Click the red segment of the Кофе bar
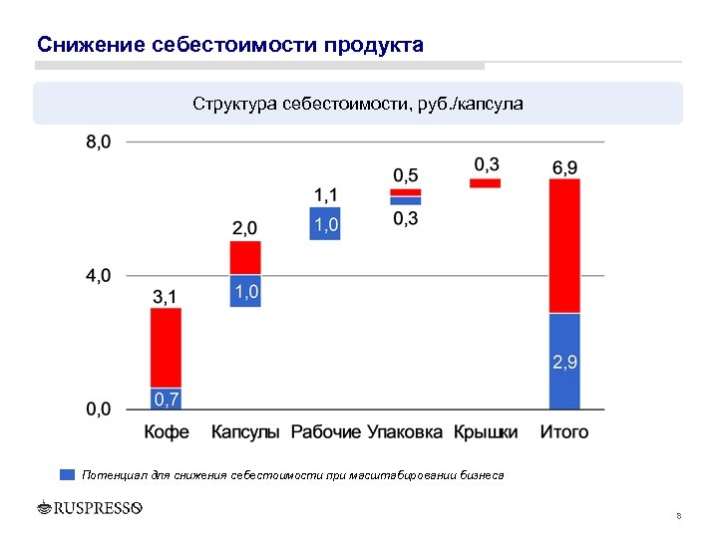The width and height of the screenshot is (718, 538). point(166,347)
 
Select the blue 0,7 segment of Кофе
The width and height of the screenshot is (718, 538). point(166,399)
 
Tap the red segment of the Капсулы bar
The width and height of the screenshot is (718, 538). point(245,257)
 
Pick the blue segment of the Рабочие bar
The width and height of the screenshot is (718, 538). point(325,224)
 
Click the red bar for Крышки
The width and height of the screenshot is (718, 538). point(485,183)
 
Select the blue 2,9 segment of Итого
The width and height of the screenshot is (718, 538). point(564,362)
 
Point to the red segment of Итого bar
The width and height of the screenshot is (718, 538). point(564,246)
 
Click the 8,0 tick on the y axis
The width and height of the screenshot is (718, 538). point(99,142)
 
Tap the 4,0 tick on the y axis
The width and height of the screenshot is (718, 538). point(99,276)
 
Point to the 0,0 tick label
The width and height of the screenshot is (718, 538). point(99,409)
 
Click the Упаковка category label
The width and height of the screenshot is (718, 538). point(405,432)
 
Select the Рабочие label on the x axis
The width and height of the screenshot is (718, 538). point(325,432)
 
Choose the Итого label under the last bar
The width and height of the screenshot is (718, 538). point(564,432)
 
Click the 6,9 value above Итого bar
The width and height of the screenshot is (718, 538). point(564,166)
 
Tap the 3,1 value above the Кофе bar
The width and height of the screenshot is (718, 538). point(166,296)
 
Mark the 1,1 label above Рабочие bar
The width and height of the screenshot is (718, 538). point(325,194)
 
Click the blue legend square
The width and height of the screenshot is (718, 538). point(68,475)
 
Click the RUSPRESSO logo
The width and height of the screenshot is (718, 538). point(90,508)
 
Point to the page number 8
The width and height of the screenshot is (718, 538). point(678,516)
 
